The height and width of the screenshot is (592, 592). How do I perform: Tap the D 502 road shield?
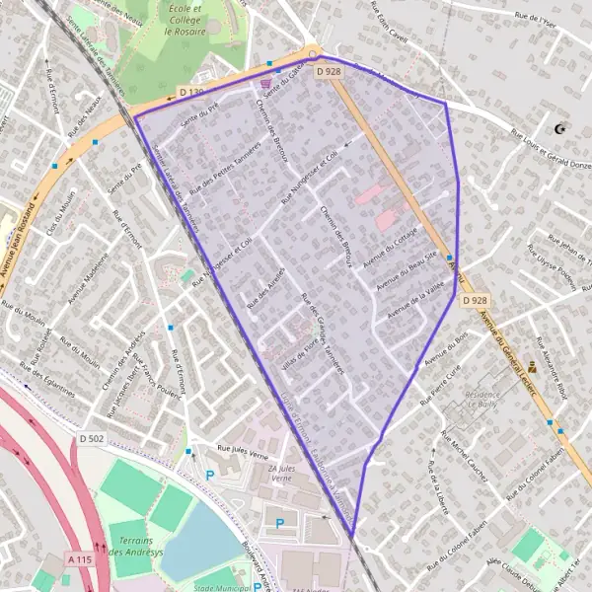[x=90, y=438]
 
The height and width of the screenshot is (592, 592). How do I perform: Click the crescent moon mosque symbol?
[x=562, y=128]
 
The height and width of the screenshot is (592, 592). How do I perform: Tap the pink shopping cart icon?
[x=264, y=84]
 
